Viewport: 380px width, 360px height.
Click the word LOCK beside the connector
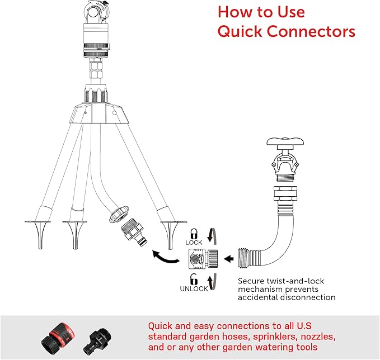click(194, 243)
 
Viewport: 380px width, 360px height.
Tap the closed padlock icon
click(194, 233)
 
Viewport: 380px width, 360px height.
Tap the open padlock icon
click(193, 278)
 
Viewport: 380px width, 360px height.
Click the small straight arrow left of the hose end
click(228, 259)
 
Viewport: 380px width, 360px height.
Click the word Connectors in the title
click(309, 31)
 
